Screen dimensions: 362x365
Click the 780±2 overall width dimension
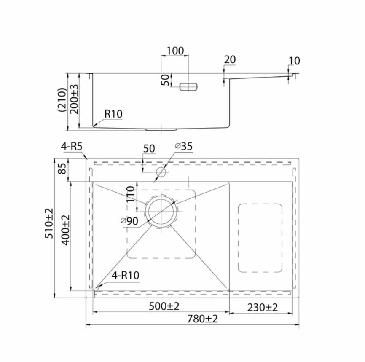click(x=203, y=319)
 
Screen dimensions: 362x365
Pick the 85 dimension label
click(x=62, y=169)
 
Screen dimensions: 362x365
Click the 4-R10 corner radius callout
click(x=125, y=276)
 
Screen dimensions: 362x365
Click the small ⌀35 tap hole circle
click(x=161, y=172)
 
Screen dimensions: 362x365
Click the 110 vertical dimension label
click(x=131, y=194)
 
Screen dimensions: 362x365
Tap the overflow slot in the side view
click(x=188, y=86)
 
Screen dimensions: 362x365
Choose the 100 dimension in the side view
click(x=175, y=51)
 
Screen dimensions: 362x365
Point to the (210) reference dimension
click(x=62, y=99)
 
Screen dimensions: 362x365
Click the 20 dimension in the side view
click(x=230, y=60)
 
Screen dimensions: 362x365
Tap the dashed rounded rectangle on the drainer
click(x=260, y=238)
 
